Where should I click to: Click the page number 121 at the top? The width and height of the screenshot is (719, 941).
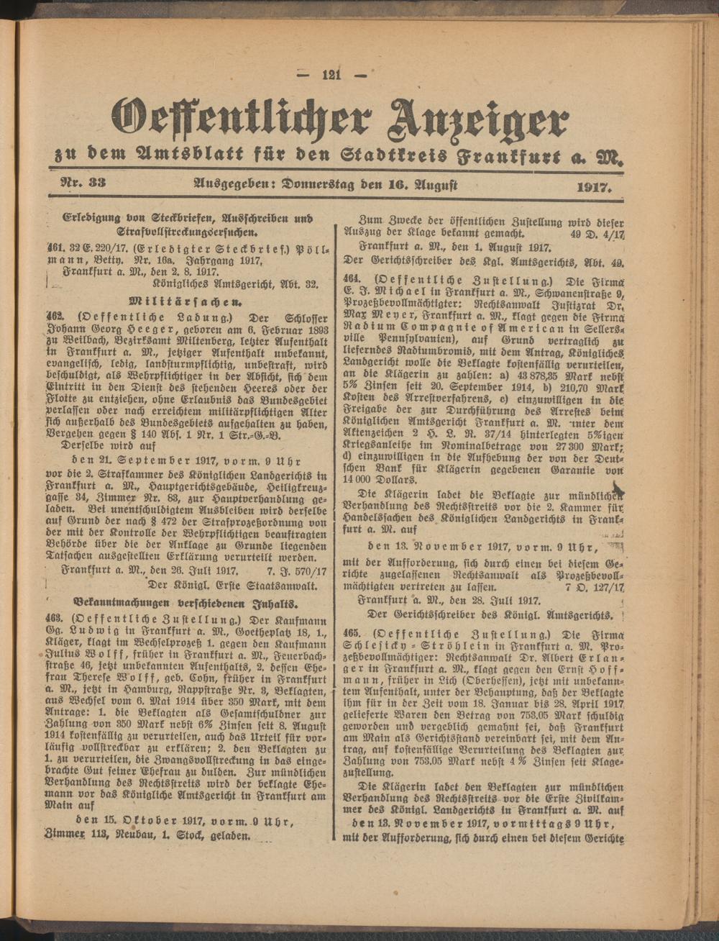tap(332, 75)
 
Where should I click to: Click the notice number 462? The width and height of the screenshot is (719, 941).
tap(58, 316)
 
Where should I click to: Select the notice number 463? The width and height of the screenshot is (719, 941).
tap(58, 621)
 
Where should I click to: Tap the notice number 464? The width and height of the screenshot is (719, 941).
tap(352, 278)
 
